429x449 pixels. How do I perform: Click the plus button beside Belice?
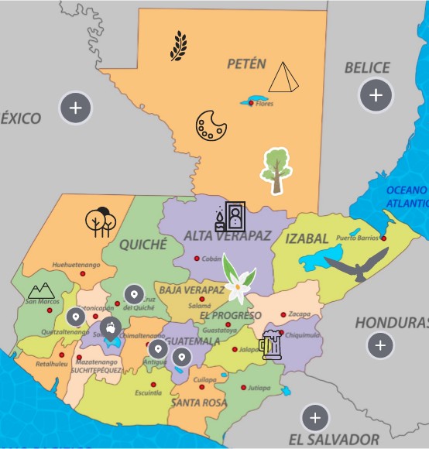(376, 95)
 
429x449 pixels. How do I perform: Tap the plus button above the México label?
(75, 108)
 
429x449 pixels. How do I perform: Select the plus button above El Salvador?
(314, 418)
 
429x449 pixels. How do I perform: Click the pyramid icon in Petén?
(283, 77)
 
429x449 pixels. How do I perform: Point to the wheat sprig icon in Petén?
(178, 46)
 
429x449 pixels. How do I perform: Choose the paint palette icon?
(209, 125)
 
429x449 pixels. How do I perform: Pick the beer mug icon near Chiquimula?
(270, 345)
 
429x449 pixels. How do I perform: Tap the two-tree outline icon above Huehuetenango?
(101, 221)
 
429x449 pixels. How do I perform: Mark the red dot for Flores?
(250, 104)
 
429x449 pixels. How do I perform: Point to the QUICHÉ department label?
(143, 245)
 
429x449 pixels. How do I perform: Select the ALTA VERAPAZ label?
(227, 236)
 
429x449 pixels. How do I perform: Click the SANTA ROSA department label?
(198, 403)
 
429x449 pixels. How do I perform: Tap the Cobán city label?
(211, 259)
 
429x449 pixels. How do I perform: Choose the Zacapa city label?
(299, 314)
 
